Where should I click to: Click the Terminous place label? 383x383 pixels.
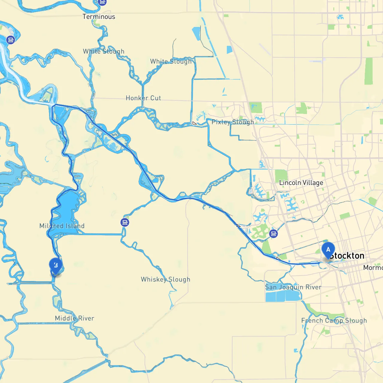99,17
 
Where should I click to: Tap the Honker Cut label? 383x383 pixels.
143,98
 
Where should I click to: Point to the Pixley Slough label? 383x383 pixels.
232,122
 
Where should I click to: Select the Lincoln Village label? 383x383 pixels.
301,183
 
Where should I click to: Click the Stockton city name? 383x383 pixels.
347,256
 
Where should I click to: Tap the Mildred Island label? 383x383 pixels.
62,226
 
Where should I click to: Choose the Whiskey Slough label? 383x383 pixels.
165,279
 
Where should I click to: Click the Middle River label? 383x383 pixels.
75,318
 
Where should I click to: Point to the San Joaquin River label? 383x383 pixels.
293,287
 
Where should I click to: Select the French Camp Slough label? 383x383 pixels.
334,321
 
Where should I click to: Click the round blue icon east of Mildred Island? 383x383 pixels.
125,222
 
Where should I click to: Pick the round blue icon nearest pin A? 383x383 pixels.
273,234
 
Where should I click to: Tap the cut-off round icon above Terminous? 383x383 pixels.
102,2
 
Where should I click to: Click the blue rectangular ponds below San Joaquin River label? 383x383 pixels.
283,296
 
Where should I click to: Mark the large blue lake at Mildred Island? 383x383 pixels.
67,206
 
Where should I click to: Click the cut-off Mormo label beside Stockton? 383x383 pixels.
373,268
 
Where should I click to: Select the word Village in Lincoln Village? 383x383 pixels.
313,183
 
